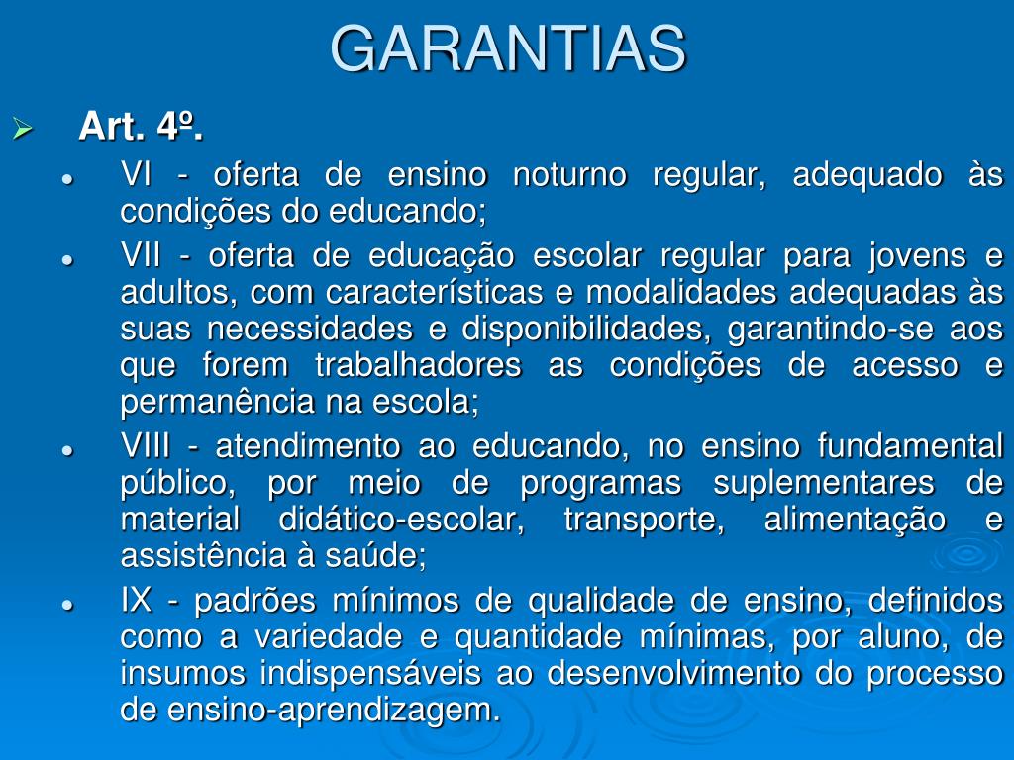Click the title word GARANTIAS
click(508, 49)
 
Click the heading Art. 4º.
click(141, 126)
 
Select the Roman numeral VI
click(136, 174)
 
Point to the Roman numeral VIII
click(146, 446)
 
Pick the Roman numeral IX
click(137, 601)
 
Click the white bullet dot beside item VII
click(66, 260)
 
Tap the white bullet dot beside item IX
click(66, 605)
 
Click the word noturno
click(569, 174)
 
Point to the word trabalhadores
click(418, 365)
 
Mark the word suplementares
click(824, 483)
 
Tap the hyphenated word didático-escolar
click(402, 520)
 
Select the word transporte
click(644, 520)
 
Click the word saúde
click(375, 556)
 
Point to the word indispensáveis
click(370, 673)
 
